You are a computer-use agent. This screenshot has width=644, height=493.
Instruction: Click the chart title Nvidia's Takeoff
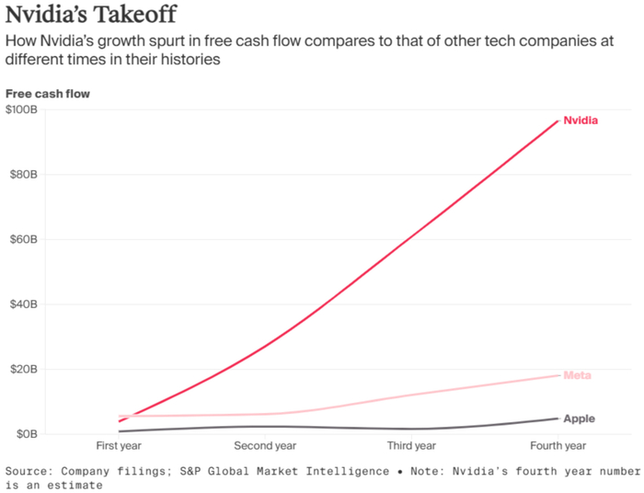(92, 16)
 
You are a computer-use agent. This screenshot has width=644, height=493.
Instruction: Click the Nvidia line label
(581, 120)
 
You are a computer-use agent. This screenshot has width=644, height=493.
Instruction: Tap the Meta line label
(577, 375)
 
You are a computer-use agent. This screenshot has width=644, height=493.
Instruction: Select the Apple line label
(579, 419)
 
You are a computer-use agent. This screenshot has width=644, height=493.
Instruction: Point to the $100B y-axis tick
(21, 110)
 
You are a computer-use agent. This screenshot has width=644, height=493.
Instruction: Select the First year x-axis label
(119, 446)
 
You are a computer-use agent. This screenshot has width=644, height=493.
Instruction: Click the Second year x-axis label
(265, 446)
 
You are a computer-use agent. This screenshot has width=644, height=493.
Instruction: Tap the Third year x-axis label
(411, 446)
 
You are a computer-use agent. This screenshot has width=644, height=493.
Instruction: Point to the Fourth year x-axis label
(558, 446)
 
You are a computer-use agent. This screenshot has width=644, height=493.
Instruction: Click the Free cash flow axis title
(48, 93)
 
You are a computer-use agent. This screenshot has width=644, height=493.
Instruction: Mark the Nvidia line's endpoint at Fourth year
(558, 120)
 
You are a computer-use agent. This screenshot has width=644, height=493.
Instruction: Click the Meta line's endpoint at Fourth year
(558, 375)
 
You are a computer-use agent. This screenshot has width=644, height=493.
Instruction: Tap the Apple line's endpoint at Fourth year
(558, 418)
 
